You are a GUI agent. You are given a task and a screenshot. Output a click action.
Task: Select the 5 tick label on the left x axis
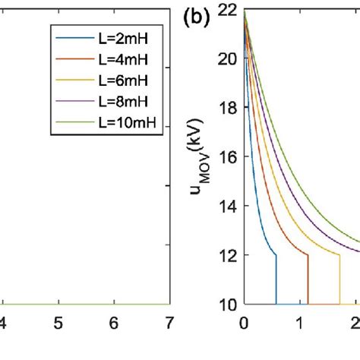point(58,322)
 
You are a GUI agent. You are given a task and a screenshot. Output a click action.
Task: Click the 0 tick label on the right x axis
point(244,322)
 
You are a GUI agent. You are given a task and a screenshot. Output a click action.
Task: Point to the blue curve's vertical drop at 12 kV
point(276,279)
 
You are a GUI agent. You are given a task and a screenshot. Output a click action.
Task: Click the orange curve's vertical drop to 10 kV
point(308,279)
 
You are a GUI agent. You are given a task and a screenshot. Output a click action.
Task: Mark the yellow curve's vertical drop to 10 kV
point(339,279)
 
